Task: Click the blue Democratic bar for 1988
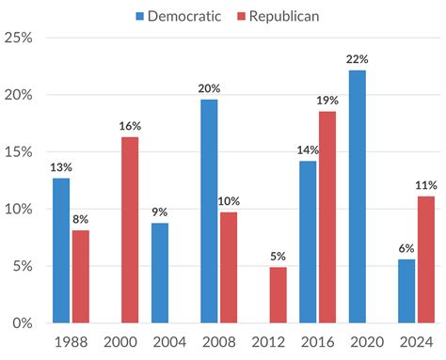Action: click(x=61, y=250)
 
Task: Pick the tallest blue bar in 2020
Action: click(x=356, y=196)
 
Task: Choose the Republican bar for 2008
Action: click(x=228, y=267)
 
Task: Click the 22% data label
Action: click(x=356, y=58)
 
